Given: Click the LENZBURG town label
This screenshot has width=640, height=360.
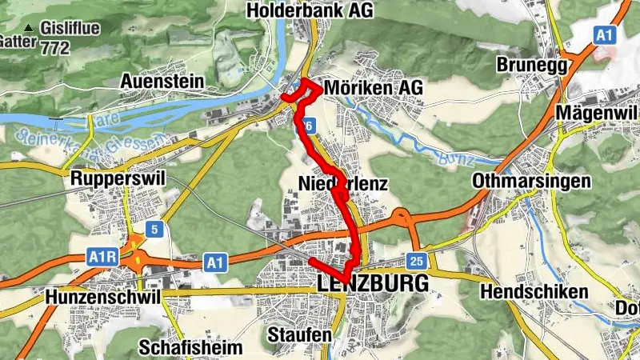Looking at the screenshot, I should coord(373,284).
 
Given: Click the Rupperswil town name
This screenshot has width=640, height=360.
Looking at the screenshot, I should coord(117,178).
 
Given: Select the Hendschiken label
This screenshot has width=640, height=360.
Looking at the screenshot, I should coord(534,293).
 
